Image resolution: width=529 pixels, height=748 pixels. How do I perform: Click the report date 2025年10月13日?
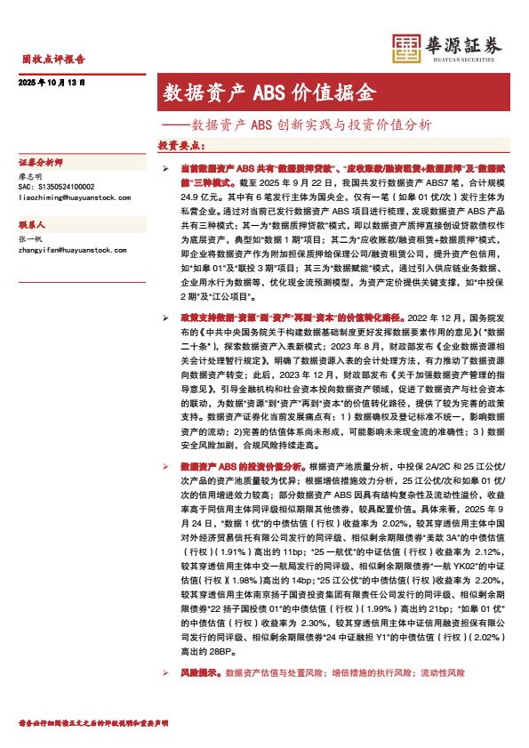point(52,83)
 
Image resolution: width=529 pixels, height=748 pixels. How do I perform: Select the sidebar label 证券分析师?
point(41,165)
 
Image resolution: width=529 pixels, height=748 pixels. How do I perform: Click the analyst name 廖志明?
point(31,178)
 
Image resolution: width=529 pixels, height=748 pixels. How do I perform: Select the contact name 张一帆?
point(31,241)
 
